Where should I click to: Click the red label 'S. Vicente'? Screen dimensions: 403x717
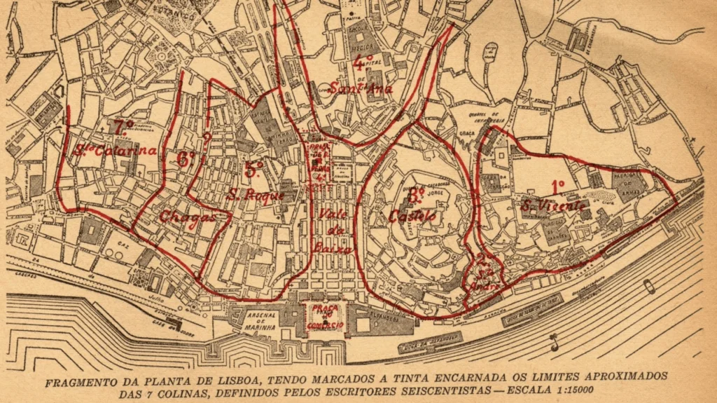click(x=553, y=205)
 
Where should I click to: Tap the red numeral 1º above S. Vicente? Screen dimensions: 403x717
click(x=558, y=186)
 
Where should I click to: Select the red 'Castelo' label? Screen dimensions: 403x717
click(x=412, y=216)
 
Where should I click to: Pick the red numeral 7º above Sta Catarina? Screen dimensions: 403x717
click(x=123, y=127)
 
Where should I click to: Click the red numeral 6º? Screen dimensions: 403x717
click(x=186, y=158)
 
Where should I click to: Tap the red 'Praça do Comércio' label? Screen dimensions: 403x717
click(x=323, y=317)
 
